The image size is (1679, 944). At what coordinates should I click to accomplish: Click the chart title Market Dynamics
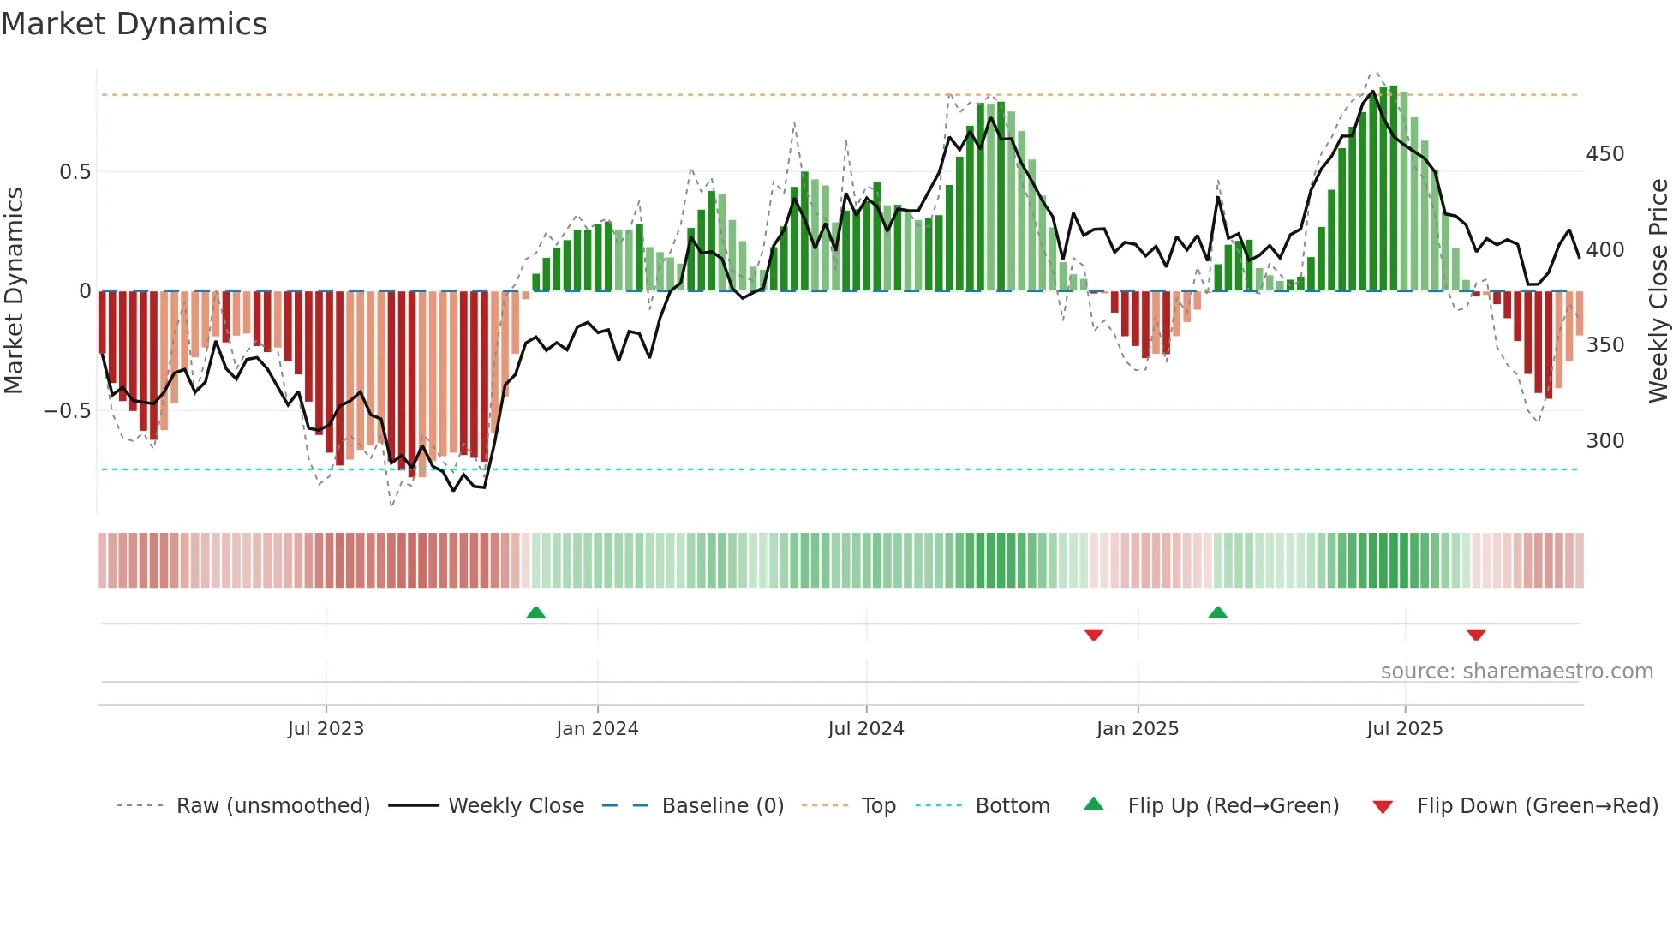point(134,24)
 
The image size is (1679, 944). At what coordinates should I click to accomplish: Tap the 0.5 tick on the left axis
point(75,172)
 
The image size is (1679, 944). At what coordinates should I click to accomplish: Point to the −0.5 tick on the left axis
point(67,411)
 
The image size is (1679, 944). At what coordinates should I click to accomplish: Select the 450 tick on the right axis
point(1604,154)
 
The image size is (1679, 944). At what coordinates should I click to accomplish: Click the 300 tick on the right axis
point(1604,441)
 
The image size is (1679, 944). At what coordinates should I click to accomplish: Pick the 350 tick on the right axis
point(1604,345)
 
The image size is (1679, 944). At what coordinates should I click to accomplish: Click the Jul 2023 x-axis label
point(326,729)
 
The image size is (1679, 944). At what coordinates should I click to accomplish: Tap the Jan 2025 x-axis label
point(1137,729)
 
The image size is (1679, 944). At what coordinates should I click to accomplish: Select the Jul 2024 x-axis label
point(865,729)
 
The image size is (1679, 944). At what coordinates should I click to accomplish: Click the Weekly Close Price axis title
point(1658,291)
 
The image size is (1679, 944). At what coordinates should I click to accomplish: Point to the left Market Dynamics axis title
point(14,291)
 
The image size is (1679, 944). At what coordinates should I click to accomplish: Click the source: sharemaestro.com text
point(1516,672)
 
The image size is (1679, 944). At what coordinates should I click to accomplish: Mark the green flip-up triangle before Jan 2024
point(535,612)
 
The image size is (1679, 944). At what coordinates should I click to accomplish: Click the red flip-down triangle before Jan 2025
point(1094,635)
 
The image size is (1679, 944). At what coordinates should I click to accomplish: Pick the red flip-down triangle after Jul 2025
point(1475,635)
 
